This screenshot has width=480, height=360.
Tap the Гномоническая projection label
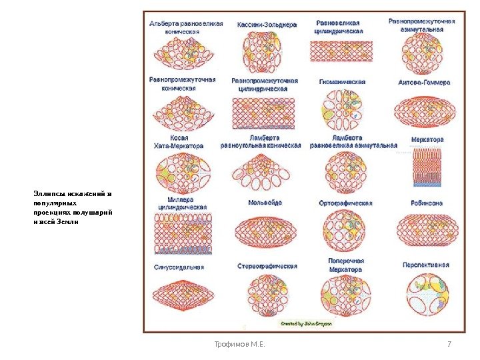342,82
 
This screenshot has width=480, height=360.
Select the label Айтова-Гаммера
424,83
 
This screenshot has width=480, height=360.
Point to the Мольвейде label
265,202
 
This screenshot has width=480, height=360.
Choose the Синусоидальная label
179,267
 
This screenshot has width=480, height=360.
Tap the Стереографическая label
267,266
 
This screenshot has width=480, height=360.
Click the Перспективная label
425,265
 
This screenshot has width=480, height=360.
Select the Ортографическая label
345,203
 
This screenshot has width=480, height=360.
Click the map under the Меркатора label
424,165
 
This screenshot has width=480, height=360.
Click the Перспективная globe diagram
426,294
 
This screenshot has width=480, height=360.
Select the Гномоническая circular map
341,108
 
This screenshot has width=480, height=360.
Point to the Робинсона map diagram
425,229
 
